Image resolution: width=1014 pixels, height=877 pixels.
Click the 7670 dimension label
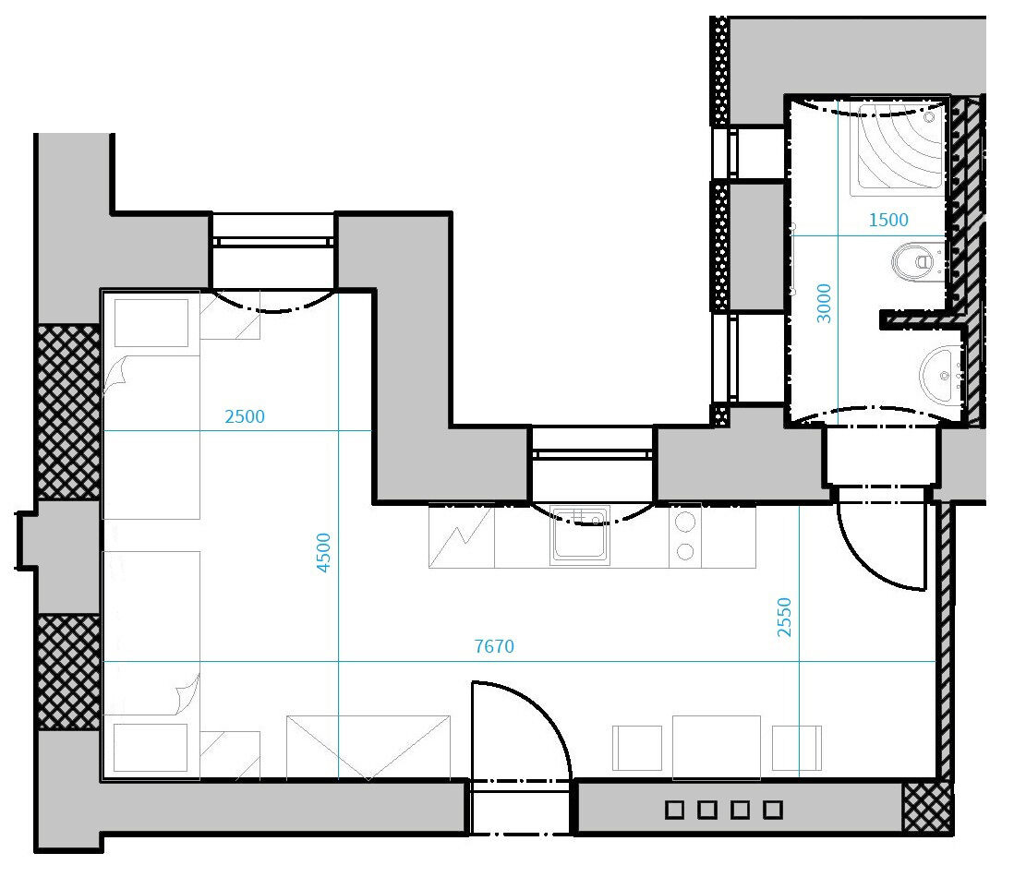[494, 646]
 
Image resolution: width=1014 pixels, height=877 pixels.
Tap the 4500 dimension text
[323, 553]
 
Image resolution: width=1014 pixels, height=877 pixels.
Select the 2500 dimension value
[245, 417]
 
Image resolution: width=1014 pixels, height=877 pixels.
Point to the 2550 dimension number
[784, 618]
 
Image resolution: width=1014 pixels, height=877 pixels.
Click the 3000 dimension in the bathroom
[823, 303]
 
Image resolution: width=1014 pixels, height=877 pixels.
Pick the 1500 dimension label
[887, 221]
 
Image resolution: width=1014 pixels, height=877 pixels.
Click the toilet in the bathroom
[917, 262]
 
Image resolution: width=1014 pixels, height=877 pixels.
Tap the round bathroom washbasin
[942, 376]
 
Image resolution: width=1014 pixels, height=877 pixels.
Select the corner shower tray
[899, 148]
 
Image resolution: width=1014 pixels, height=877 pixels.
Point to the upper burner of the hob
[685, 521]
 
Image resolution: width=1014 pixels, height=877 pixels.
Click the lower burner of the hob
[685, 551]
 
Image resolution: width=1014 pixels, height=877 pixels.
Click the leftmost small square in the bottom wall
[674, 809]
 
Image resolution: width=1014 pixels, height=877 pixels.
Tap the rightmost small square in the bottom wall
[773, 809]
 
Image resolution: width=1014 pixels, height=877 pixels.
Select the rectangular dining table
[717, 748]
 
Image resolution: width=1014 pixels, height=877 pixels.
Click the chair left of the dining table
[637, 748]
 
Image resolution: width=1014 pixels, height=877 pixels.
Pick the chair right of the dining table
[797, 748]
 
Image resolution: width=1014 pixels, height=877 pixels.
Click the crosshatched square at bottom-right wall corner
[927, 808]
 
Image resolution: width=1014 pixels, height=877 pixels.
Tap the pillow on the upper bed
[151, 322]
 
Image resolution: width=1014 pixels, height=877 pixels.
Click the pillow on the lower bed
[151, 748]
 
